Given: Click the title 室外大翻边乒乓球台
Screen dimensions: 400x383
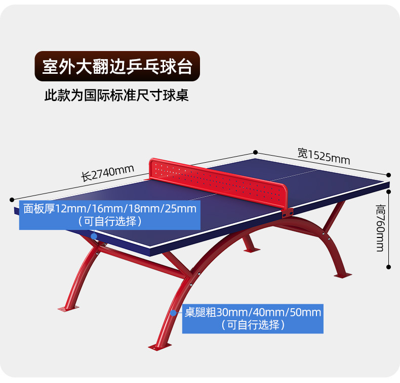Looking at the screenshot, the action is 117,67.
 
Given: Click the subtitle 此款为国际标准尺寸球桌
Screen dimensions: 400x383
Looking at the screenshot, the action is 116,95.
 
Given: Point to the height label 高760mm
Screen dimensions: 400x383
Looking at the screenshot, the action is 380,228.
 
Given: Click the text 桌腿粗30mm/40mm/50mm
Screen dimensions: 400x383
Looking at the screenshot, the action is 252,312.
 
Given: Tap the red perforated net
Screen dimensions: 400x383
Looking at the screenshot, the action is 218,182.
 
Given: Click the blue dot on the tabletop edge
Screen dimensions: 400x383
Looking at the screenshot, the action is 94,236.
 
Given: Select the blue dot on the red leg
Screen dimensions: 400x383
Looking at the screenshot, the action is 173,313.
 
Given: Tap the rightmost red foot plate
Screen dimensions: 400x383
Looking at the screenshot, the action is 342,275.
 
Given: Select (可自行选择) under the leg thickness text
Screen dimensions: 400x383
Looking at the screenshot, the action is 252,325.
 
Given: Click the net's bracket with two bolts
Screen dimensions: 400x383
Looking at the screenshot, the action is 287,214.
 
